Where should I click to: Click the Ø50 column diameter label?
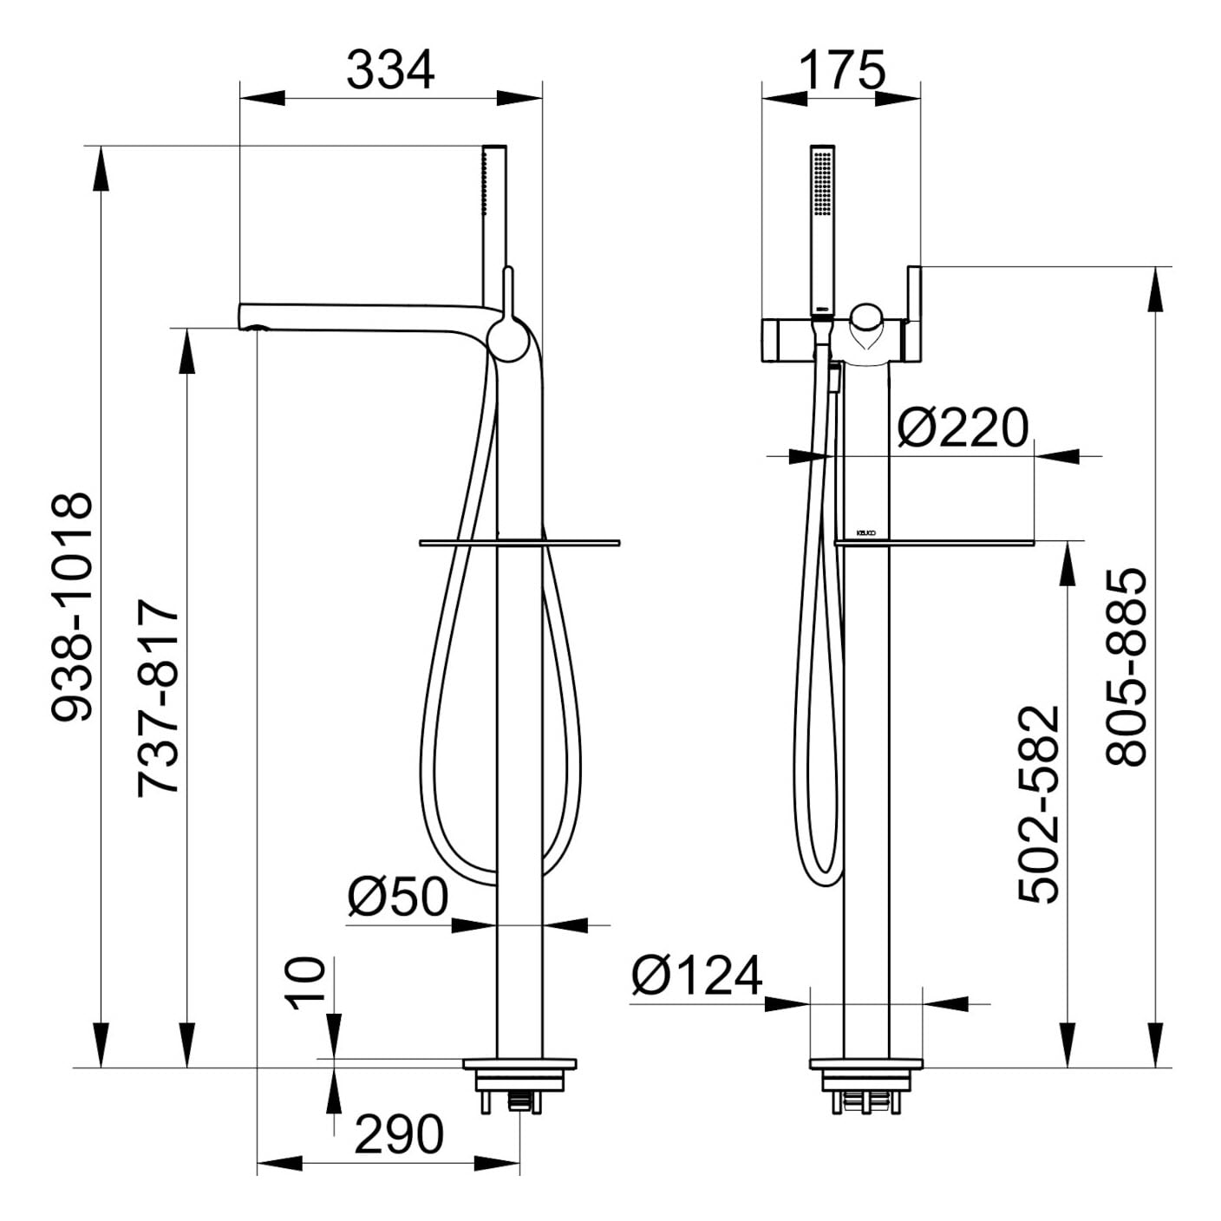tap(398, 898)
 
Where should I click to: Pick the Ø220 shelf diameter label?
tap(963, 428)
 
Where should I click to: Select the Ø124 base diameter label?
tap(696, 976)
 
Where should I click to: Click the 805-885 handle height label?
tap(1126, 667)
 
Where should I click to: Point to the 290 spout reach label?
tap(399, 1134)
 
